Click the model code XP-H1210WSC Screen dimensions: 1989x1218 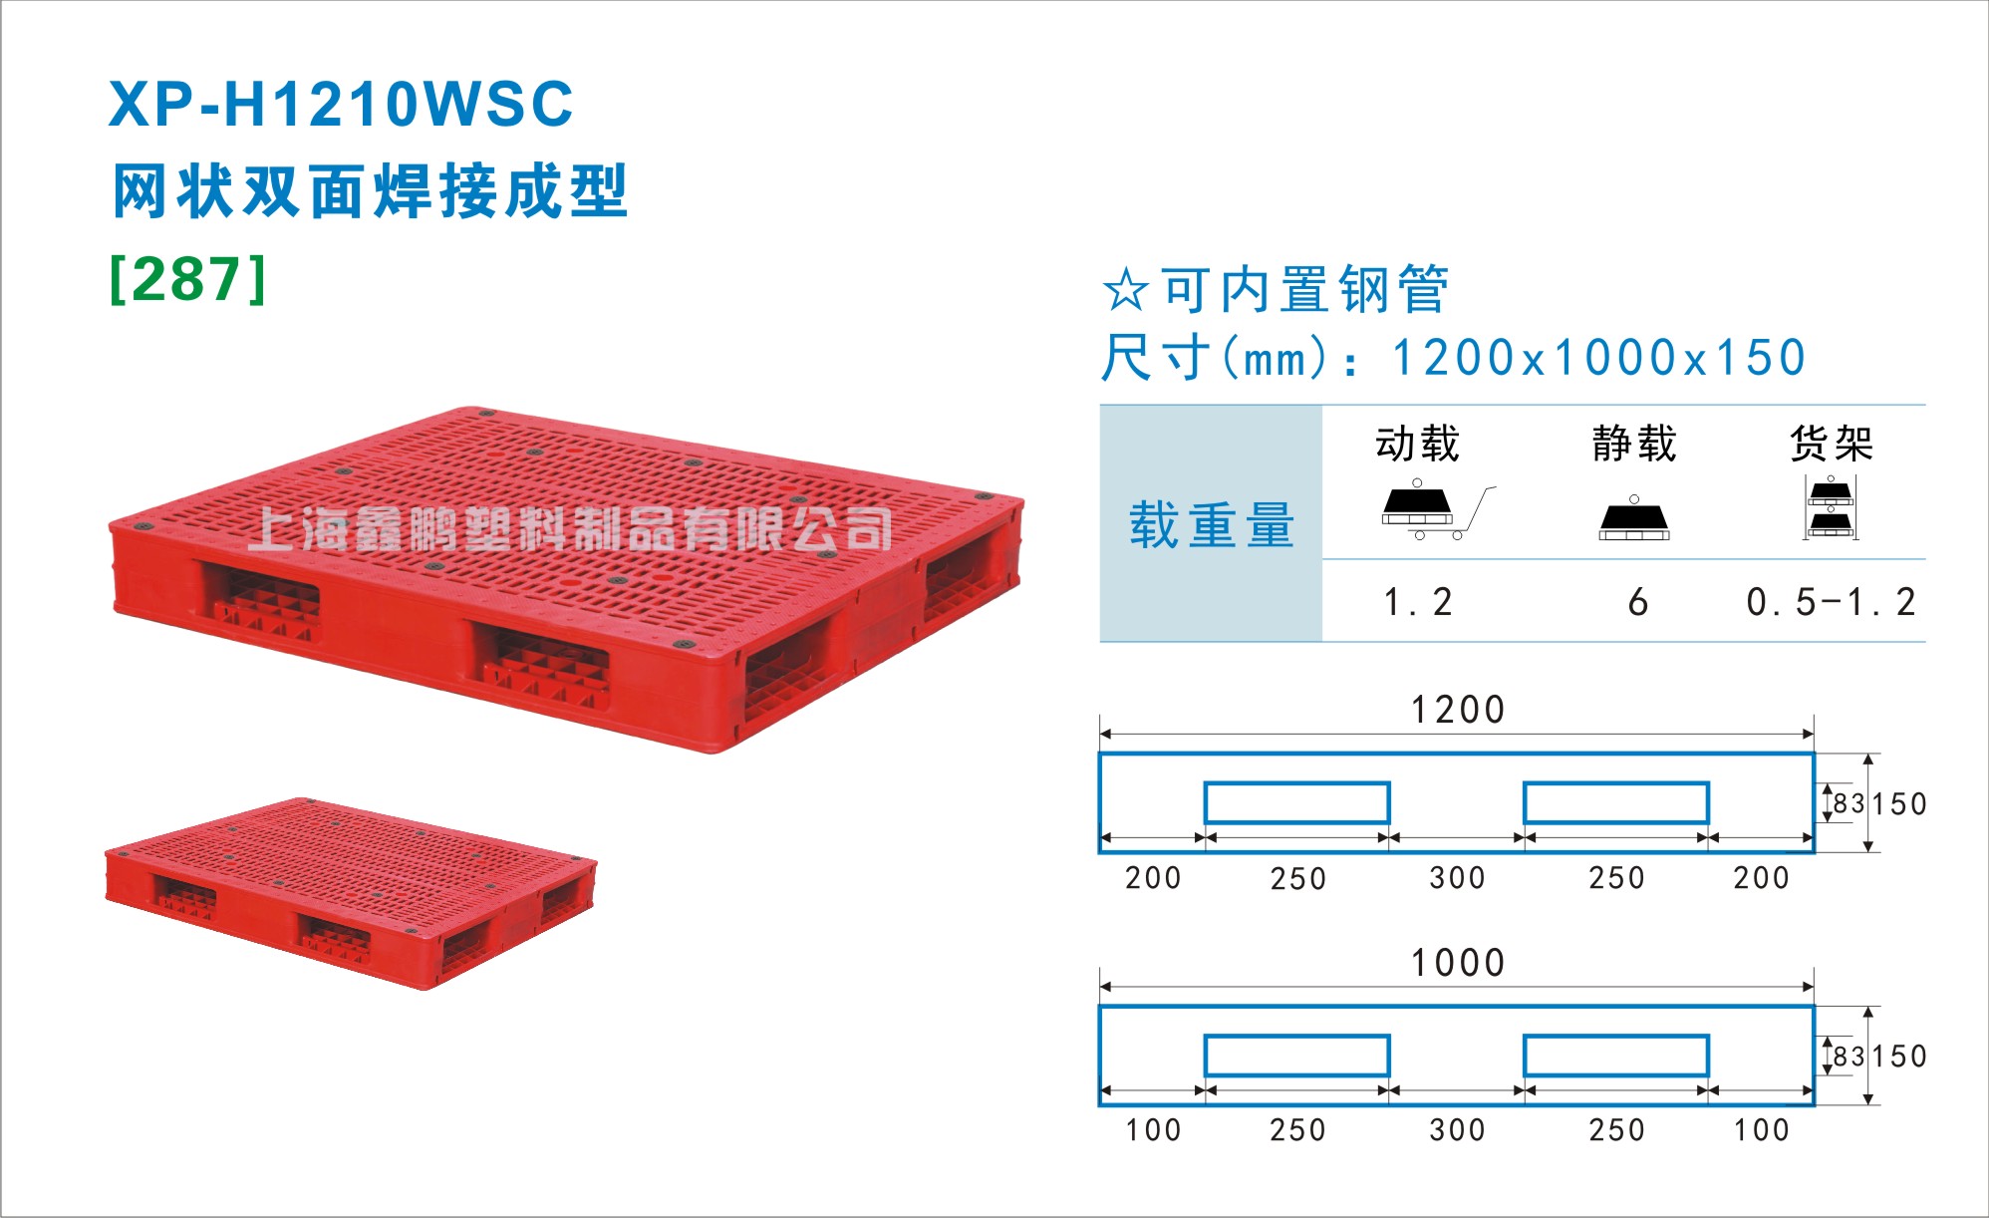point(341,104)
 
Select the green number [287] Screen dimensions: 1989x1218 point(188,279)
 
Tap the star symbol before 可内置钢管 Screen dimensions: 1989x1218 point(1126,290)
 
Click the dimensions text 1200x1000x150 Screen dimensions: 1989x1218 point(1598,358)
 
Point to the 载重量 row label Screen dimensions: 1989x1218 point(1212,525)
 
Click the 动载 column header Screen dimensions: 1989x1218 point(1417,444)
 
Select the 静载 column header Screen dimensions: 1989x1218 point(1634,444)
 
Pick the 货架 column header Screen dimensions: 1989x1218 point(1832,444)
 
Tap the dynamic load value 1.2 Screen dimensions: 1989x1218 point(1418,602)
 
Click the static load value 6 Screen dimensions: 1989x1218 point(1637,602)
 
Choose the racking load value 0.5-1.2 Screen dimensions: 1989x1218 point(1831,602)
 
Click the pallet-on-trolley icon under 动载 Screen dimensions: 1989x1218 point(1438,510)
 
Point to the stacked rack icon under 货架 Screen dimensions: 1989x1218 point(1831,507)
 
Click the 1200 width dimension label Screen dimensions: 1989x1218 point(1457,710)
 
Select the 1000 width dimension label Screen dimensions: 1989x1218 point(1457,963)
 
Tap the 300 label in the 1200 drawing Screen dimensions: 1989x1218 point(1457,878)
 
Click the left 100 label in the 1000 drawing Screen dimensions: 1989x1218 point(1153,1130)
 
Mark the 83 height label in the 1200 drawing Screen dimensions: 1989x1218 point(1848,803)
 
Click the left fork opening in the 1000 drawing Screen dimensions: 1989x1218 point(1296,1056)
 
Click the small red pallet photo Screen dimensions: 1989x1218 point(351,892)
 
